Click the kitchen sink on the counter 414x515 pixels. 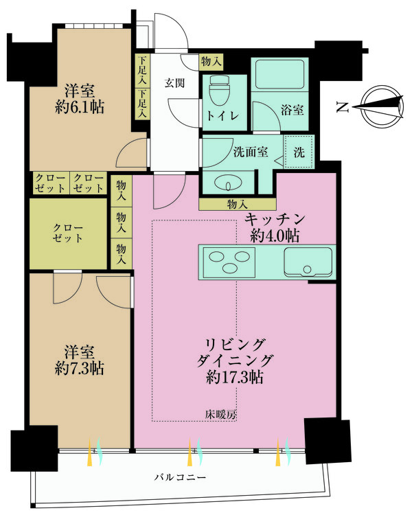point(301,262)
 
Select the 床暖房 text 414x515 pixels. point(220,414)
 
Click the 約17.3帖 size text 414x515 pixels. point(235,377)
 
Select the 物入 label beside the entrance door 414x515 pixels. point(211,61)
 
